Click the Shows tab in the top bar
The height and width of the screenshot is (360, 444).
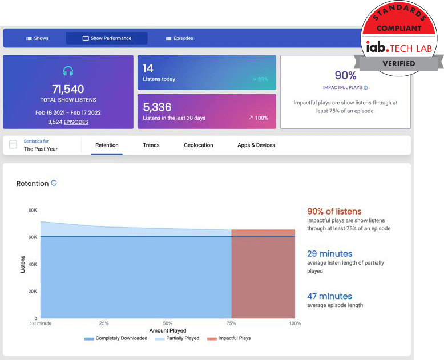click(37, 38)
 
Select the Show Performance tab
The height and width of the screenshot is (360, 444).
click(107, 38)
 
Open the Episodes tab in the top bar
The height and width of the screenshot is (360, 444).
click(179, 38)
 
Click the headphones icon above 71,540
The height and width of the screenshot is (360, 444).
click(68, 71)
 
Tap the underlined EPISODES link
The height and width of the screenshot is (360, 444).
click(76, 122)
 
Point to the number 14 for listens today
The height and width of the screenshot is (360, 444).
click(148, 68)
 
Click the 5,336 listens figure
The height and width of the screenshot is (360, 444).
click(157, 107)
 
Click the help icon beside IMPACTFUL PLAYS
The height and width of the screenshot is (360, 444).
click(366, 88)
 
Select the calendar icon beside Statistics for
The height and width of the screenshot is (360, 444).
click(13, 144)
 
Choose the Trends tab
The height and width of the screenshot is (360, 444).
click(151, 145)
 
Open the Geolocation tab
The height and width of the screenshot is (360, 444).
click(199, 145)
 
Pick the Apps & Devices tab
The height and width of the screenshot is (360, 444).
click(256, 145)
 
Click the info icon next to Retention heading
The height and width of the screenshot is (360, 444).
click(54, 183)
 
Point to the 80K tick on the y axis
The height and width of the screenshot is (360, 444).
click(33, 211)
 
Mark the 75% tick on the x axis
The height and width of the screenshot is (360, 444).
click(231, 323)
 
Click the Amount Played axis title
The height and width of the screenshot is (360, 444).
click(168, 330)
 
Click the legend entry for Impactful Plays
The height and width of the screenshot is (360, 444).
click(229, 338)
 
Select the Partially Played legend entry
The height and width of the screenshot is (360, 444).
click(177, 338)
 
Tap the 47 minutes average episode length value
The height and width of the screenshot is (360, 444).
click(330, 296)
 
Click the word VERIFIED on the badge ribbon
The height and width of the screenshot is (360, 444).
click(399, 64)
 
